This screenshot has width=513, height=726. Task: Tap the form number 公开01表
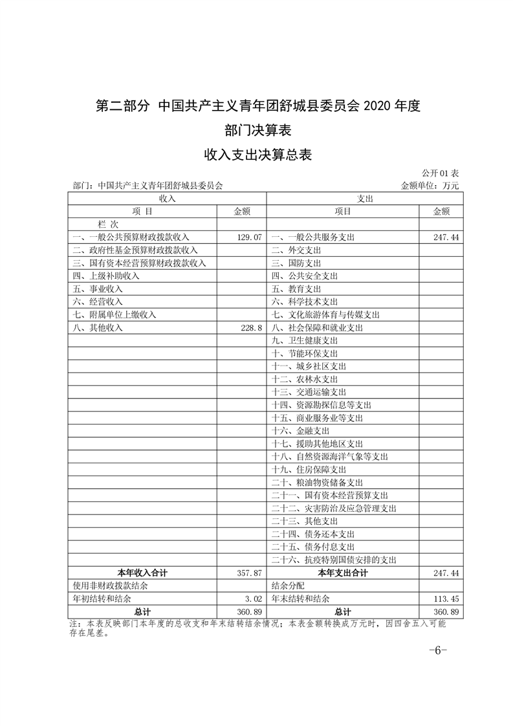click(440, 173)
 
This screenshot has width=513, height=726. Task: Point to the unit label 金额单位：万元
click(430, 186)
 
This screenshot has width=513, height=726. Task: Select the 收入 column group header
click(168, 199)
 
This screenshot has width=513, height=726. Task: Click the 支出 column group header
click(364, 199)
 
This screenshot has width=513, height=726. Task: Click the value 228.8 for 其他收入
click(250, 328)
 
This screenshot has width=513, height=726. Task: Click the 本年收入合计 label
click(142, 573)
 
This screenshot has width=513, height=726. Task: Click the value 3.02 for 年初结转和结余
click(253, 599)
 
